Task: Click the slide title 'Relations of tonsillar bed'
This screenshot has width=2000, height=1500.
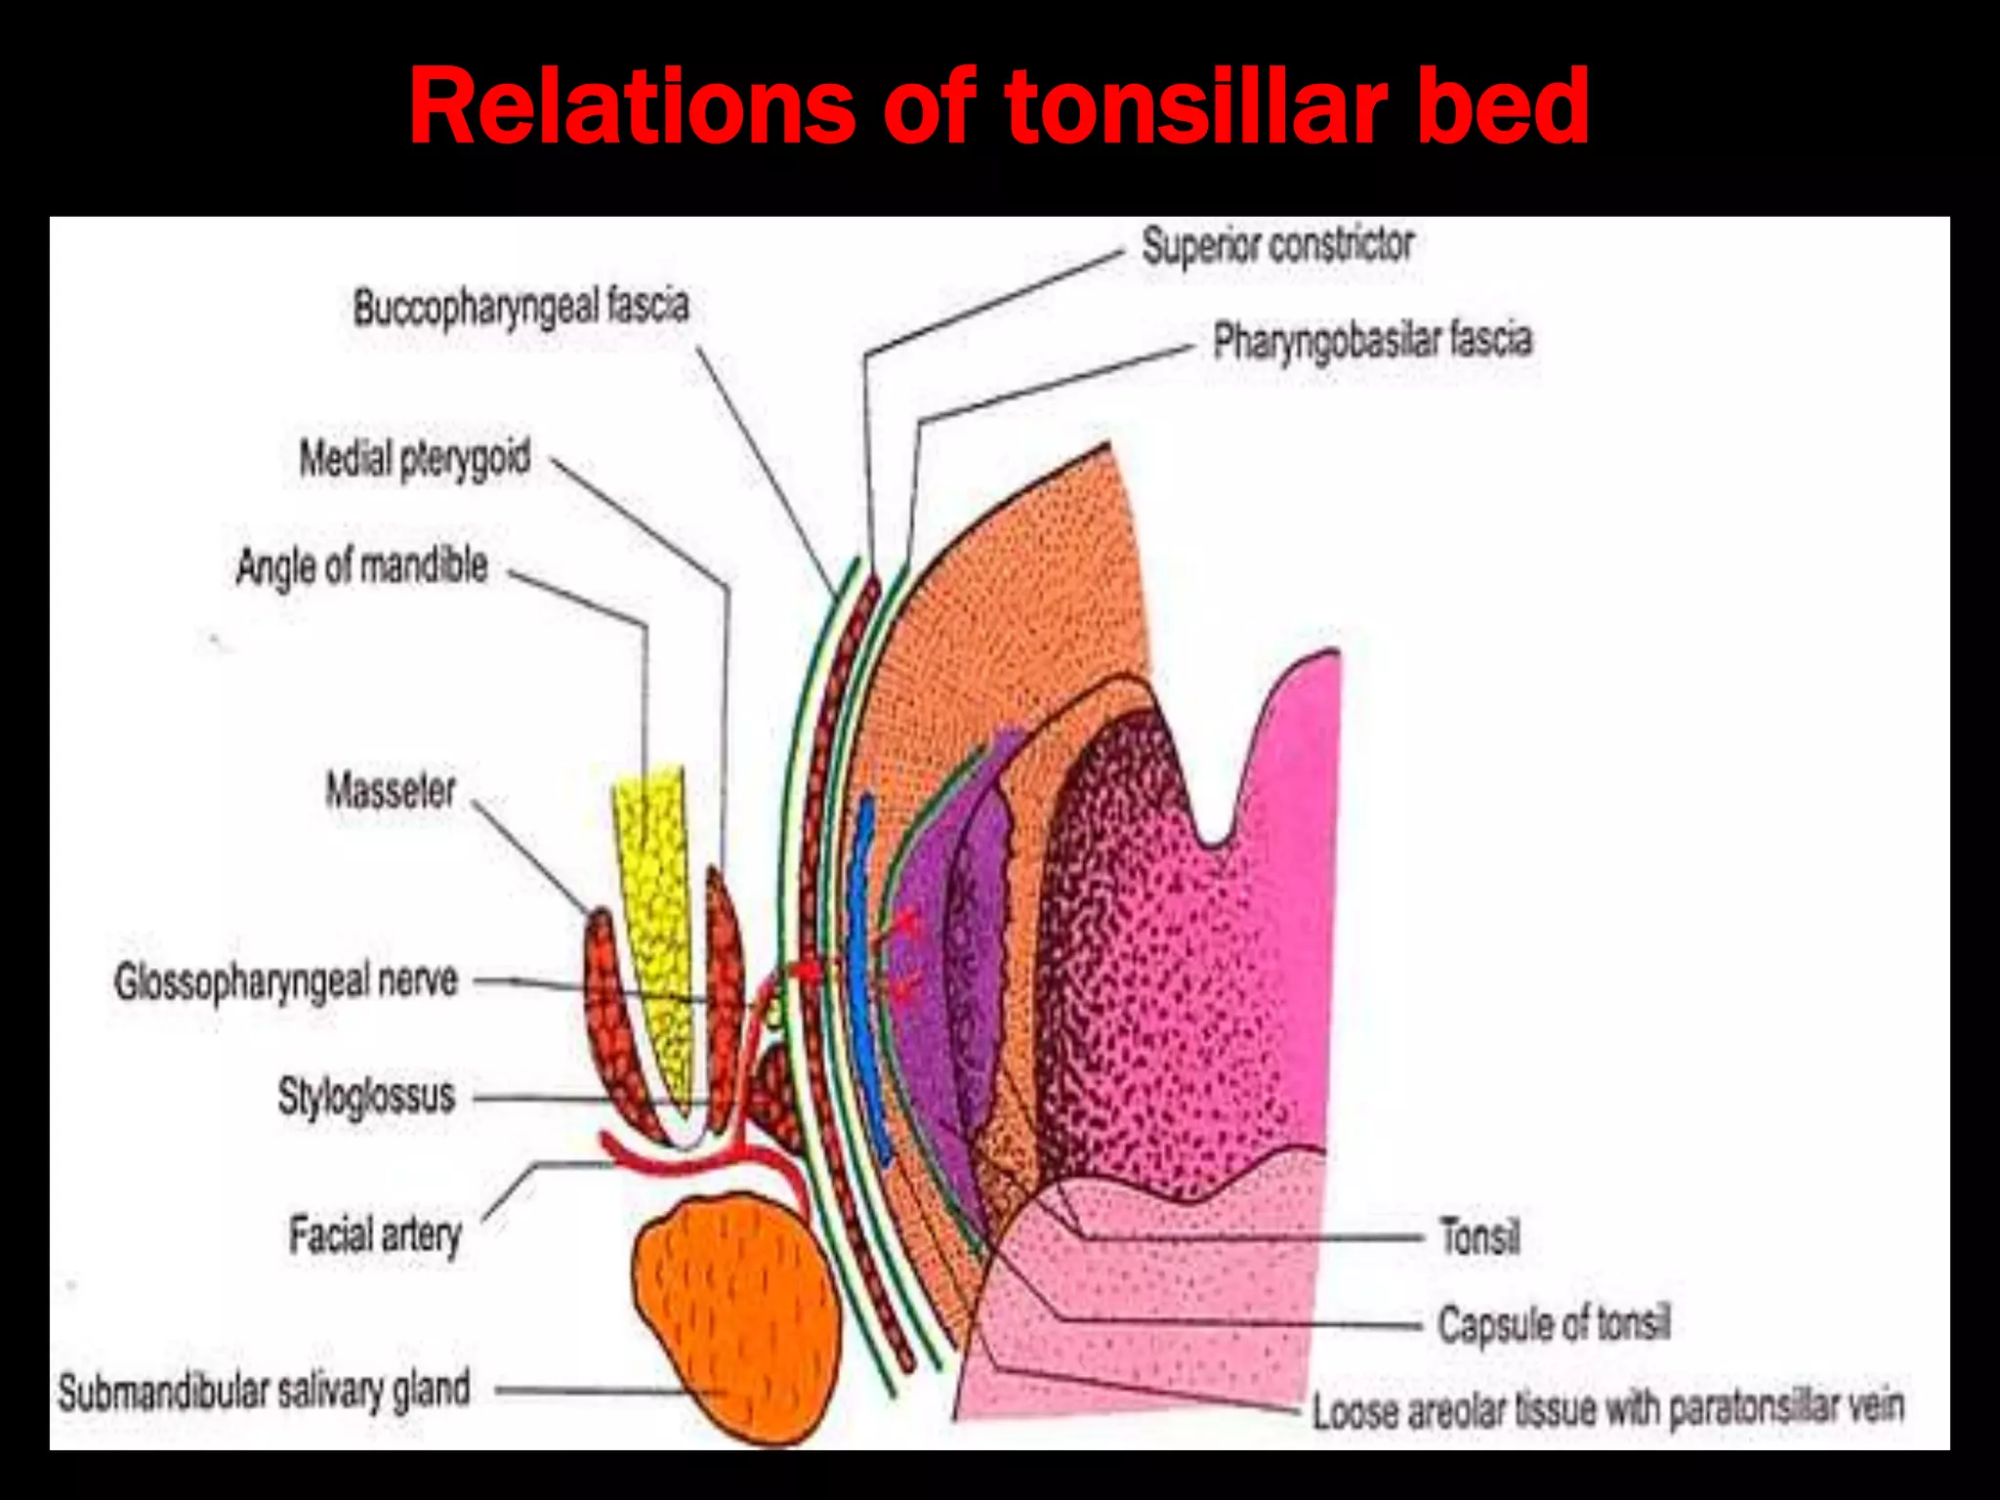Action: tap(998, 107)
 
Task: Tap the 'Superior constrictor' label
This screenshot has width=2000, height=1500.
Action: tap(1277, 245)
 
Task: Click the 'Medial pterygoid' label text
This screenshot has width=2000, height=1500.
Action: tap(414, 458)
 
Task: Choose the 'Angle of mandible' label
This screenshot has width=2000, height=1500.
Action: tap(361, 566)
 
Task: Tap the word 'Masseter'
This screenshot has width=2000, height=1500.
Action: tap(391, 790)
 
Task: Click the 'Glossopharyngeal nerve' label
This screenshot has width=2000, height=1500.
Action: tap(286, 981)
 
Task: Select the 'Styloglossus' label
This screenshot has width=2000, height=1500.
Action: tap(366, 1096)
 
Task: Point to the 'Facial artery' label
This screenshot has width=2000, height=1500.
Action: tap(375, 1235)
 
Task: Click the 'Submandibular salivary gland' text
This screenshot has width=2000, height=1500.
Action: tap(264, 1391)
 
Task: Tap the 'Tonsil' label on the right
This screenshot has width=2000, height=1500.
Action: tap(1479, 1236)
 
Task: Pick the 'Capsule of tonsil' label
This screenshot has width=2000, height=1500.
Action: tap(1554, 1325)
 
